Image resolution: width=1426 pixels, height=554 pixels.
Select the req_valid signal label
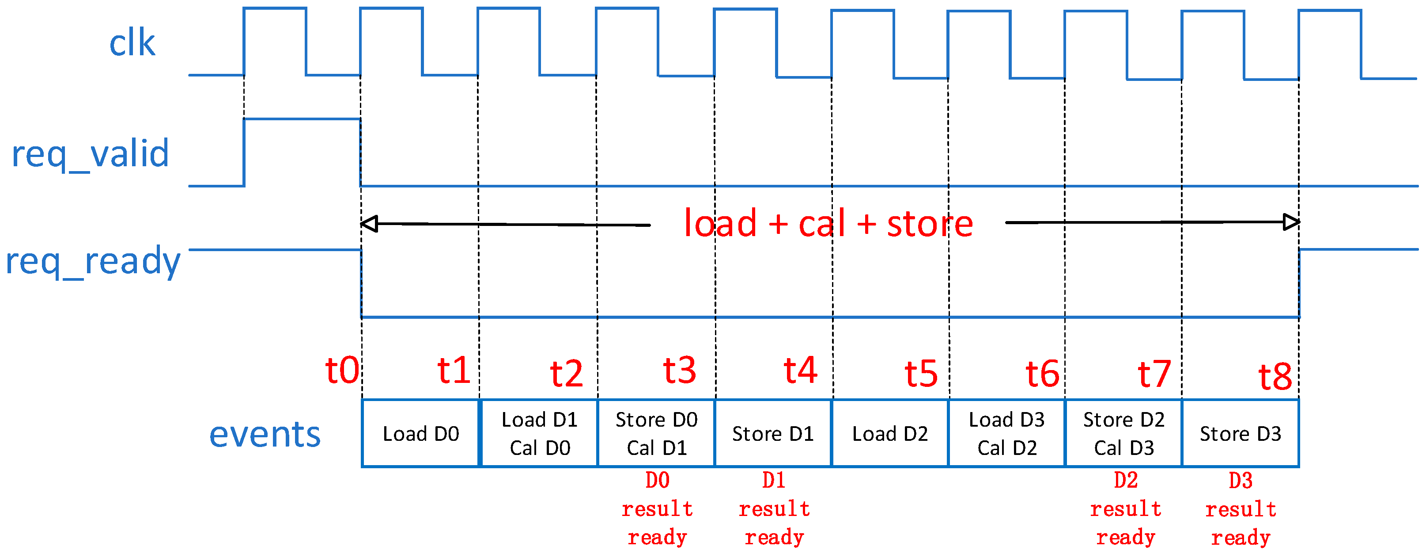90,154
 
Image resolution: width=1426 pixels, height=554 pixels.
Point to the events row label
265,434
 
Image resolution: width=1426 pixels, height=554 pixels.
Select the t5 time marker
921,374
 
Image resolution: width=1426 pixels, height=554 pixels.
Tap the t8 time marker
1275,377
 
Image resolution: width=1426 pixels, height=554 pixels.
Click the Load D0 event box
421,434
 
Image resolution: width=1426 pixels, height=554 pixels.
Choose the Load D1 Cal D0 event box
540,434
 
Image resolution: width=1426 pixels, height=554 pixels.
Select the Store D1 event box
773,434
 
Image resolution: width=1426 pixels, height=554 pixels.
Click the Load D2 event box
889,434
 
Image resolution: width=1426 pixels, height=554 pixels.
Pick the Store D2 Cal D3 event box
1124,434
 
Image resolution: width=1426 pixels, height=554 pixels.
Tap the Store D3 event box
1240,434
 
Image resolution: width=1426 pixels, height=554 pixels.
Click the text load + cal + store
828,224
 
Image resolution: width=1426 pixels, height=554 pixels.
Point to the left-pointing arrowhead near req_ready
369,224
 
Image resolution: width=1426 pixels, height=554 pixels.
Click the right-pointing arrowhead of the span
1291,222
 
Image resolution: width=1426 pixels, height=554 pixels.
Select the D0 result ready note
657,508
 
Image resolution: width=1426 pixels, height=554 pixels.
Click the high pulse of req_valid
302,119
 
